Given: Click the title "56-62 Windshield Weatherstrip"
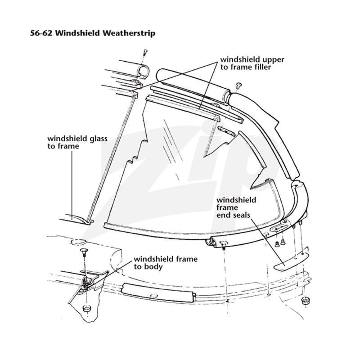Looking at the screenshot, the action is tap(93, 33).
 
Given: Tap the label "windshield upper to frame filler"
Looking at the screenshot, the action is tap(252, 63).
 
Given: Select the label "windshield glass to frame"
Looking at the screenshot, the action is tap(77, 142).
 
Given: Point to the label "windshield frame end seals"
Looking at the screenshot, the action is tap(236, 207).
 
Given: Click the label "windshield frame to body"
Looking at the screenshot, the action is tap(166, 263).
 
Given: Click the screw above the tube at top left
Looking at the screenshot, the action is tap(144, 53).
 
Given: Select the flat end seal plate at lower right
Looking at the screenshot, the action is tap(291, 259).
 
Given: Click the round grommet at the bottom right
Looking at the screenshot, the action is tap(305, 300).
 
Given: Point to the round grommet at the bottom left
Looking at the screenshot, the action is tap(86, 309).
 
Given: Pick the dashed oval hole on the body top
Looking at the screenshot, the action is tap(78, 242).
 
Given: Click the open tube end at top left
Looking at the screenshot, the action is tap(143, 71).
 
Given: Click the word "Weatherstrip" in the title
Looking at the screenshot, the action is tap(129, 33).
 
